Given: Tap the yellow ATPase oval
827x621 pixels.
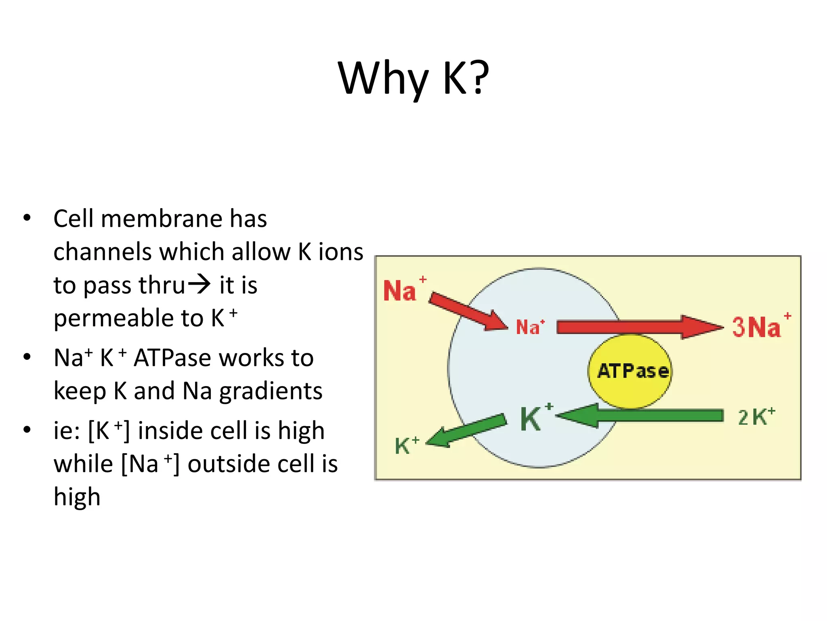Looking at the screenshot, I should pos(630,371).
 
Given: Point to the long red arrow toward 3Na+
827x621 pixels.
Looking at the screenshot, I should pos(638,327).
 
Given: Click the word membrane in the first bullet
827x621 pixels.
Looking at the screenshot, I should pos(161,219).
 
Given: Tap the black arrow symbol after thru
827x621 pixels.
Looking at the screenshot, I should pos(199,284).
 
